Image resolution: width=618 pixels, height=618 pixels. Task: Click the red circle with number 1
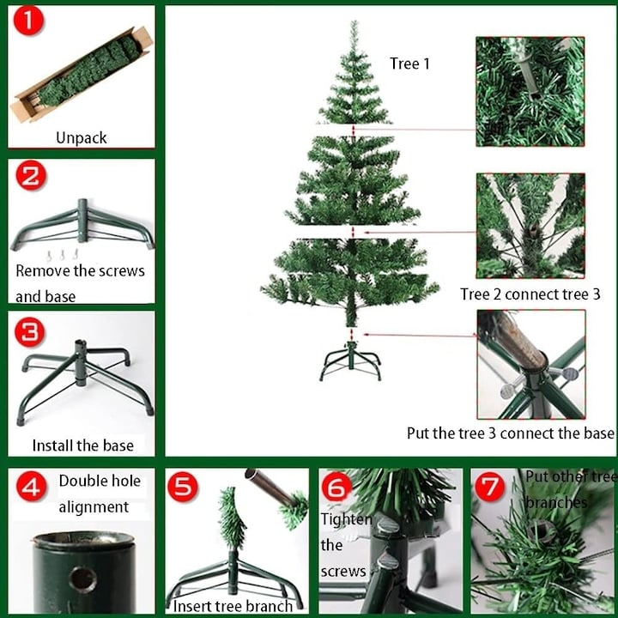coord(28,21)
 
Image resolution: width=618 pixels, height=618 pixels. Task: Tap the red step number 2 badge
coord(31,175)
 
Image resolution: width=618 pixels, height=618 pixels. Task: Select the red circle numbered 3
coord(30,332)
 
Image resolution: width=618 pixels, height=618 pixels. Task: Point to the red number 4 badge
coord(32,486)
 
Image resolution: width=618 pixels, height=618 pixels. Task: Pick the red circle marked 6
coord(337,487)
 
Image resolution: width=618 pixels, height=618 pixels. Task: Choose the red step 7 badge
coord(490,487)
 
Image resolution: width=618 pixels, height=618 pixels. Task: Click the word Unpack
coord(82,138)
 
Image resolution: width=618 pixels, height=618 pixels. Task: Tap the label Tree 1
coord(409,64)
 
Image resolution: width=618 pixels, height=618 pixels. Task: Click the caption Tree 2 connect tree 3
coord(530,294)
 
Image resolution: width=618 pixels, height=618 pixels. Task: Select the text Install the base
coord(82,445)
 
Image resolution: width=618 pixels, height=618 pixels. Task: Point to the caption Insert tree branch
coord(233,606)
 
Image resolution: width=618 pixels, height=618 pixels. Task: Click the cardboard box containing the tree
coord(82,75)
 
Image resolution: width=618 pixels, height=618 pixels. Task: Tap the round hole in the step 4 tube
coord(82,579)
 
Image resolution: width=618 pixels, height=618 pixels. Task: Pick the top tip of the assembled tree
coord(354,21)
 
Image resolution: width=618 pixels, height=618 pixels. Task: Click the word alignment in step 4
coord(94,507)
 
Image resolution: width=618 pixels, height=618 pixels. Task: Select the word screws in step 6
coord(343,571)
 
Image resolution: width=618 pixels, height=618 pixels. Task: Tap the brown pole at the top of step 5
coord(271,487)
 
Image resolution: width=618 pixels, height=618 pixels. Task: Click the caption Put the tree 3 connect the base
coord(511,433)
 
